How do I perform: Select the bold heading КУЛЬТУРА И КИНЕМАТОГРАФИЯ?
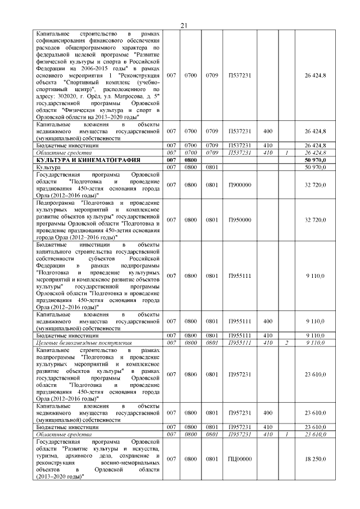82,161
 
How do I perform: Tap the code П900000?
240,184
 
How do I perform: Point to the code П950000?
240,220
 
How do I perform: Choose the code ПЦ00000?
240,459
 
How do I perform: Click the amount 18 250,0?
315,459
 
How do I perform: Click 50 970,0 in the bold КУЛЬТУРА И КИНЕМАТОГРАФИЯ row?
315,161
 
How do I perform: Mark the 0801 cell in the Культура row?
211,168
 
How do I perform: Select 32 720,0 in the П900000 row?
315,184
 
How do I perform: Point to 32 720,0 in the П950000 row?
315,220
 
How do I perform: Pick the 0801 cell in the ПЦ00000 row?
211,459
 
